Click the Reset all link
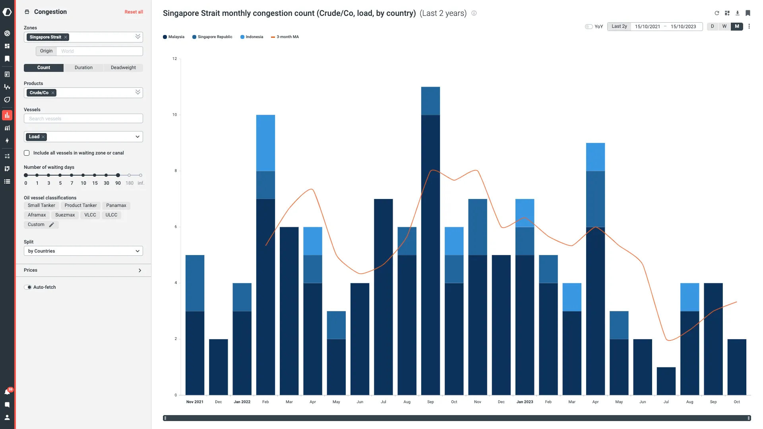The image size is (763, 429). [134, 12]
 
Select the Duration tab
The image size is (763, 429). [83, 68]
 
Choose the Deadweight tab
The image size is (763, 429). [123, 68]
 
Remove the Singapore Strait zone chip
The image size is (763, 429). [66, 37]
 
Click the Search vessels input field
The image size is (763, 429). [83, 119]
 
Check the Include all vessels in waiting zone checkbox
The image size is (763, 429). [27, 153]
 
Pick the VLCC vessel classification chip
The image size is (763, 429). [90, 215]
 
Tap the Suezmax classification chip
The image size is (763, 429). [65, 215]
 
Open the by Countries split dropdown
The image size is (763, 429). [83, 251]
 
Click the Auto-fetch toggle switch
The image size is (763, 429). [28, 287]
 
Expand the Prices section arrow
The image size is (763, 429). [140, 271]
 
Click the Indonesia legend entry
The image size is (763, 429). [252, 37]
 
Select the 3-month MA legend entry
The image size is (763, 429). [285, 37]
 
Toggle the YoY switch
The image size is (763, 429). [589, 27]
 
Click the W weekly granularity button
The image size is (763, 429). [724, 26]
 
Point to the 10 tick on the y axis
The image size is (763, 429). [174, 115]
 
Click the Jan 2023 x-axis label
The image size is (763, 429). [525, 402]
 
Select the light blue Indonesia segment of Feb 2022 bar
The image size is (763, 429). [265, 143]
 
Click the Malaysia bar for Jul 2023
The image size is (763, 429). [666, 381]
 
